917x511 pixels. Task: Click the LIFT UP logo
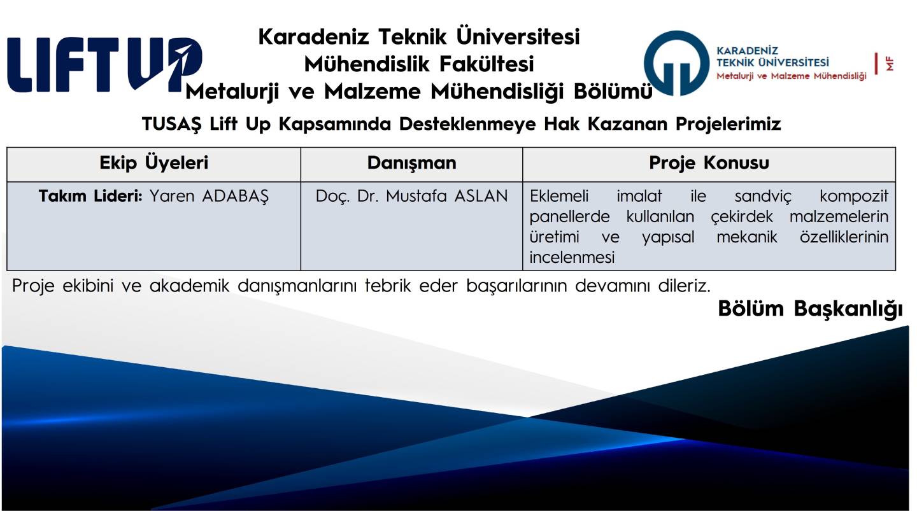[x=105, y=65]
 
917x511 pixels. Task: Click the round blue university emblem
[x=676, y=64]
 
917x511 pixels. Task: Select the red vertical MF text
[x=890, y=64]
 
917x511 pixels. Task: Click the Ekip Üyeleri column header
[x=154, y=163]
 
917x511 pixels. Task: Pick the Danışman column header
[x=412, y=163]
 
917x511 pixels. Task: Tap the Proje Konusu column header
[x=709, y=163]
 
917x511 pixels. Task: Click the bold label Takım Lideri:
[x=90, y=196]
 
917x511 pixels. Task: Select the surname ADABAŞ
[x=236, y=197]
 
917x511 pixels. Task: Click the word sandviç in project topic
[x=763, y=197]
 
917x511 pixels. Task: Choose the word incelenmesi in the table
[x=572, y=257]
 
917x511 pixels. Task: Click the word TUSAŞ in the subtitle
[x=172, y=124]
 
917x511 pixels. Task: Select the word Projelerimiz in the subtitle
[x=729, y=124]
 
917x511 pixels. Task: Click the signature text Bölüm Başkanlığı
[x=810, y=309]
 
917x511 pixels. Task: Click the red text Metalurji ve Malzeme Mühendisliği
[x=792, y=76]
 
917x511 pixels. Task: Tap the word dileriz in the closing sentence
[x=684, y=286]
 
